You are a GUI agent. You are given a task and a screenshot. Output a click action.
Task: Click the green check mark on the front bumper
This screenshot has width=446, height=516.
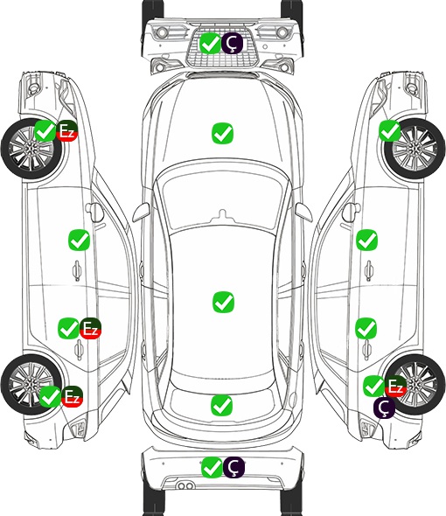210,43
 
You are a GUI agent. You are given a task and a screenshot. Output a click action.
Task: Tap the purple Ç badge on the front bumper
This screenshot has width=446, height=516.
232,43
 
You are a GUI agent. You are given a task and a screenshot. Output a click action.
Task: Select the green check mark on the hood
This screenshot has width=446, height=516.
222,133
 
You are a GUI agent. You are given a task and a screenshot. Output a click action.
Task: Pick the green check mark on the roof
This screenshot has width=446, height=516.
223,302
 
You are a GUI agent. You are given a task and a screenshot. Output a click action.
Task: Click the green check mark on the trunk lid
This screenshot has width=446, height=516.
221,405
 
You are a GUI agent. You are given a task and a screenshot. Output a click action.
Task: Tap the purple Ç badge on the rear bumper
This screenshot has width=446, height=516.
233,467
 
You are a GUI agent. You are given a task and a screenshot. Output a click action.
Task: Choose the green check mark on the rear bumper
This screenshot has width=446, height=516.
212,467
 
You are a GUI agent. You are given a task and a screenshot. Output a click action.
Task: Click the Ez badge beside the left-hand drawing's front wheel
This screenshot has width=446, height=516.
66,131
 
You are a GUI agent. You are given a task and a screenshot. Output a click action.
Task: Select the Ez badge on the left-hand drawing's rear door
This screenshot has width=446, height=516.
90,328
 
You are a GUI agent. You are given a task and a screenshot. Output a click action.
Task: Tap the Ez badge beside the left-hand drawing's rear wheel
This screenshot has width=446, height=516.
72,396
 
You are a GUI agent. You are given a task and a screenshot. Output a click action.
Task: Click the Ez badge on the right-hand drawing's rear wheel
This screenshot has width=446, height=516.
395,386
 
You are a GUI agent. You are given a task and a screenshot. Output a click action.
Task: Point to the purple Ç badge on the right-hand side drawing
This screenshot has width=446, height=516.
384,408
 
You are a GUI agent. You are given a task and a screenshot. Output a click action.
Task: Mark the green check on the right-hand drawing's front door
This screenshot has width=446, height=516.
367,240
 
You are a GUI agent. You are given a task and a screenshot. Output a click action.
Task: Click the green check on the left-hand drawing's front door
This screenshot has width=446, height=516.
79,240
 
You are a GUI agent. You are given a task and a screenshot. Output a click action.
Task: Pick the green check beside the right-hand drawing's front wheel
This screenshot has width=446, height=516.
390,131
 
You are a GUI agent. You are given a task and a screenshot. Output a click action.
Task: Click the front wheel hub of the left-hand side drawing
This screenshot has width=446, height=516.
31,149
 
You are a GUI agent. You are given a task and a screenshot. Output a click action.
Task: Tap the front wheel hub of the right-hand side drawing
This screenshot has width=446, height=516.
415,149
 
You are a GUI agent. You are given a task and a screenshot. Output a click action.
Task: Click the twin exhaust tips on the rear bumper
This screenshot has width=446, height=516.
185,486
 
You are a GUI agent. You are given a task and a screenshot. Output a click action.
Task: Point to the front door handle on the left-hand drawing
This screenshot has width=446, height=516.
77,271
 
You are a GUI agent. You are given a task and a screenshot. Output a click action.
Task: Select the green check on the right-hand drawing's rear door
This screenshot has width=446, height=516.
366,328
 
